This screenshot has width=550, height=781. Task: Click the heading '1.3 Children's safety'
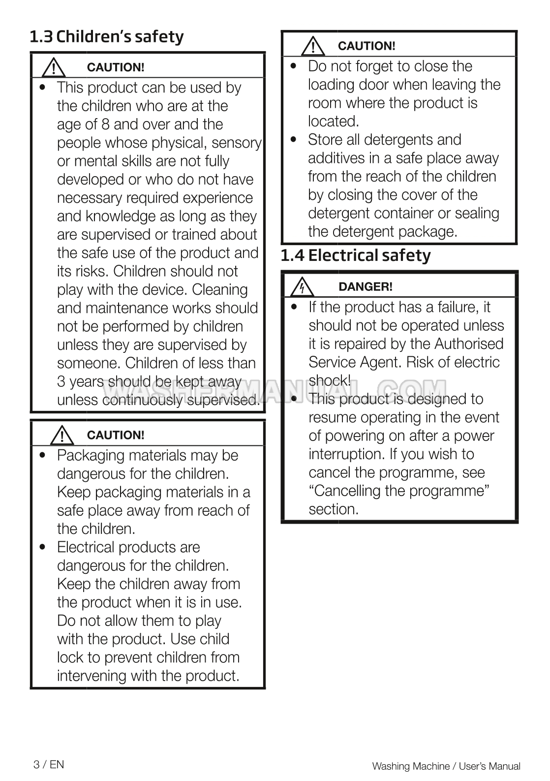click(107, 37)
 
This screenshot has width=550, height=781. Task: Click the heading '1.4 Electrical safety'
click(355, 255)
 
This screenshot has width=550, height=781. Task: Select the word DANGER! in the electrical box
click(366, 287)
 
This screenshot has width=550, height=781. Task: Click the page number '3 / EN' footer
click(49, 764)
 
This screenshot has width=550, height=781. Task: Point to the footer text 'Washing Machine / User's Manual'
click(446, 766)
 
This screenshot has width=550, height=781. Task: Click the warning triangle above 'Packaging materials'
click(61, 436)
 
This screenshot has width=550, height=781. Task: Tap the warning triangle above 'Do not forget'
click(313, 47)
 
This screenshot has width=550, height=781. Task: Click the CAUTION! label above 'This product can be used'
click(116, 67)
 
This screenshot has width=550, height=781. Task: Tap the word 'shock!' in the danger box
click(330, 380)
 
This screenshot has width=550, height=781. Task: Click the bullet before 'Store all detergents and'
click(294, 139)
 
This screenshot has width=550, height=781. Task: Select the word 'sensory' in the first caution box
click(237, 143)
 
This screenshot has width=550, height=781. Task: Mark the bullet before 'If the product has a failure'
click(294, 307)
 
